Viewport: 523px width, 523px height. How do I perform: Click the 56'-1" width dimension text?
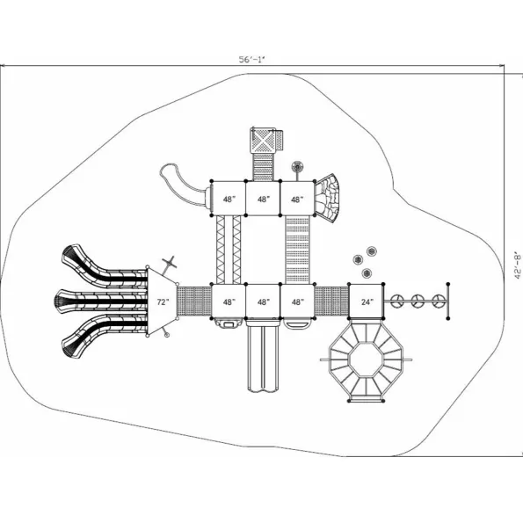point(251,60)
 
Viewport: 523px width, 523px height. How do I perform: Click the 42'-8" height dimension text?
point(518,265)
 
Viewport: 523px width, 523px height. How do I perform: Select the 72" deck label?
point(163,301)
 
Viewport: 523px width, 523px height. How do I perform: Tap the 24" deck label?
point(367,301)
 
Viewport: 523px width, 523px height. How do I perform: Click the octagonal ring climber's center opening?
point(366,360)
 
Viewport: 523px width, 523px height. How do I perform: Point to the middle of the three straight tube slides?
point(101,301)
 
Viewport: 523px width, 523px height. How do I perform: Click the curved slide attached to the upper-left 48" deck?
point(182,184)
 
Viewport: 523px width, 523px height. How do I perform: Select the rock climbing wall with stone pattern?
point(327,198)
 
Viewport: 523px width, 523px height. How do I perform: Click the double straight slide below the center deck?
point(263,356)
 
